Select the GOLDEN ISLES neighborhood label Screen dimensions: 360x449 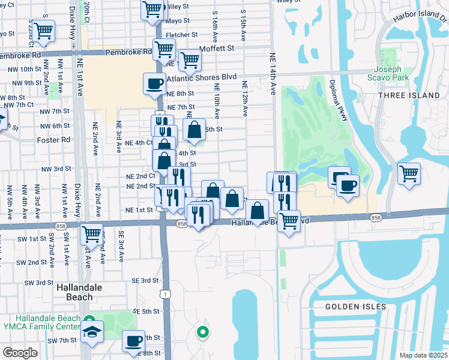click(352, 307)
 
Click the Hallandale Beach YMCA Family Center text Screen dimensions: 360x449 click(40, 322)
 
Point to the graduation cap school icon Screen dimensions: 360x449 click(92, 331)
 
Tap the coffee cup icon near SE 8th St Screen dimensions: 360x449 click(134, 341)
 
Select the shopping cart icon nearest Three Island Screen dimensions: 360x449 click(409, 173)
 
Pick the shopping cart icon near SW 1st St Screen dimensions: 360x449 click(92, 232)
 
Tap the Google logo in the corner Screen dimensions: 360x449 click(19, 353)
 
